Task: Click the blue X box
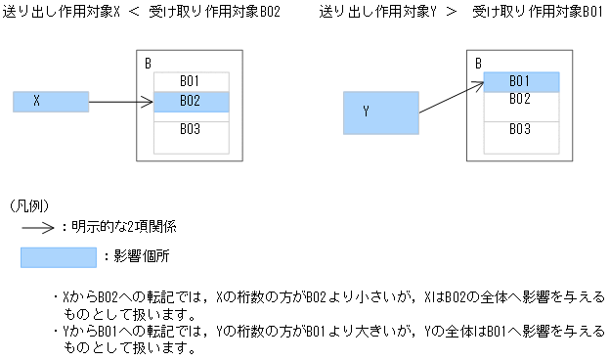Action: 51,101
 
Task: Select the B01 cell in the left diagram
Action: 192,81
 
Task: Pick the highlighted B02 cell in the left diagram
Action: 192,101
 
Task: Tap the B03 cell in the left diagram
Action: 192,129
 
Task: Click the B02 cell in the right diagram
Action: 521,99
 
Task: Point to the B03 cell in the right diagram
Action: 521,129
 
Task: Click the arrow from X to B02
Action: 121,101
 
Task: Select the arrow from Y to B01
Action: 452,95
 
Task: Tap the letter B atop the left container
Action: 148,65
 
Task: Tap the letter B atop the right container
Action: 478,65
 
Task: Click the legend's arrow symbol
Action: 38,227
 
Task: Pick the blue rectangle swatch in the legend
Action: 59,257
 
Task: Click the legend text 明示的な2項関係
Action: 122,227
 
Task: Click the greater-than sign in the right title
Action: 453,12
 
